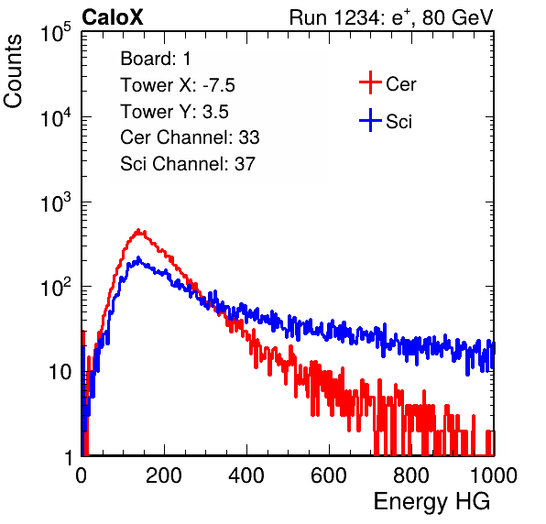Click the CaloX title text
113,17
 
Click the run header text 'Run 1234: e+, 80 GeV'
391,17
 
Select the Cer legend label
400,84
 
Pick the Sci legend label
399,122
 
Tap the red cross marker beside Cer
370,82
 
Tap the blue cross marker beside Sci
370,120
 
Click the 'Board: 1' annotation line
156,59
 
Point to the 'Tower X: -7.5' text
178,85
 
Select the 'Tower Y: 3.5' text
174,112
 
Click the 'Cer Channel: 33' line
190,137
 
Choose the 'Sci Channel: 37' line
188,164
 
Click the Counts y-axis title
13,71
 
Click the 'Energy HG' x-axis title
431,502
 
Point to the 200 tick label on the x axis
164,475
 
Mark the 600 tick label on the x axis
329,475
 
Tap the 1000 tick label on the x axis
494,475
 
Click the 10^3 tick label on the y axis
56,202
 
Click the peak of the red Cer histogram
138,230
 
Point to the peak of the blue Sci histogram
138,258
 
